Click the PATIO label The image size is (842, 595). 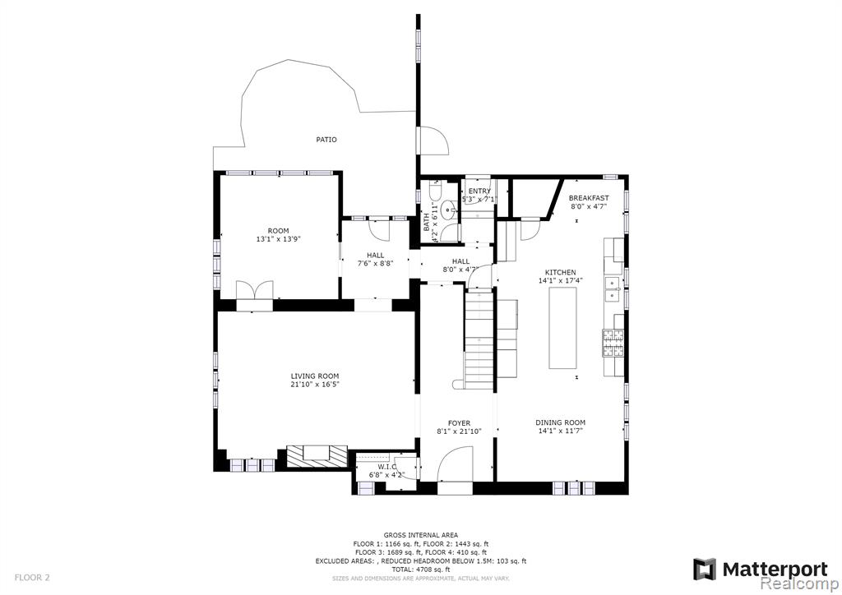click(x=326, y=140)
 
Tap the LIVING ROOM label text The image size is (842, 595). click(x=315, y=376)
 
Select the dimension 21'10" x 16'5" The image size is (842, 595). click(x=315, y=385)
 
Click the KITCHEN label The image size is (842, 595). click(x=561, y=273)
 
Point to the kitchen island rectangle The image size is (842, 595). click(x=562, y=328)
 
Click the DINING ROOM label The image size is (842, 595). click(x=561, y=422)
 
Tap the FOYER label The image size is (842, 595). click(x=459, y=423)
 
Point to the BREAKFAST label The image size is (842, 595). click(x=589, y=198)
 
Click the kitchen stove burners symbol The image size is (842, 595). click(x=613, y=344)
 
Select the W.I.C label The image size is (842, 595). click(x=386, y=467)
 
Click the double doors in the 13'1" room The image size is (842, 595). click(x=255, y=290)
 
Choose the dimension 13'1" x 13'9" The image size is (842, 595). click(x=278, y=239)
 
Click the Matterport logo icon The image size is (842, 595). click(x=705, y=570)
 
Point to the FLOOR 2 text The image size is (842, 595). click(x=32, y=578)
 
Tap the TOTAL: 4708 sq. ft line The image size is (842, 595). click(x=420, y=570)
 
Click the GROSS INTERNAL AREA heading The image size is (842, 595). click(x=420, y=535)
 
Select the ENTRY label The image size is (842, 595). click(x=479, y=191)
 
